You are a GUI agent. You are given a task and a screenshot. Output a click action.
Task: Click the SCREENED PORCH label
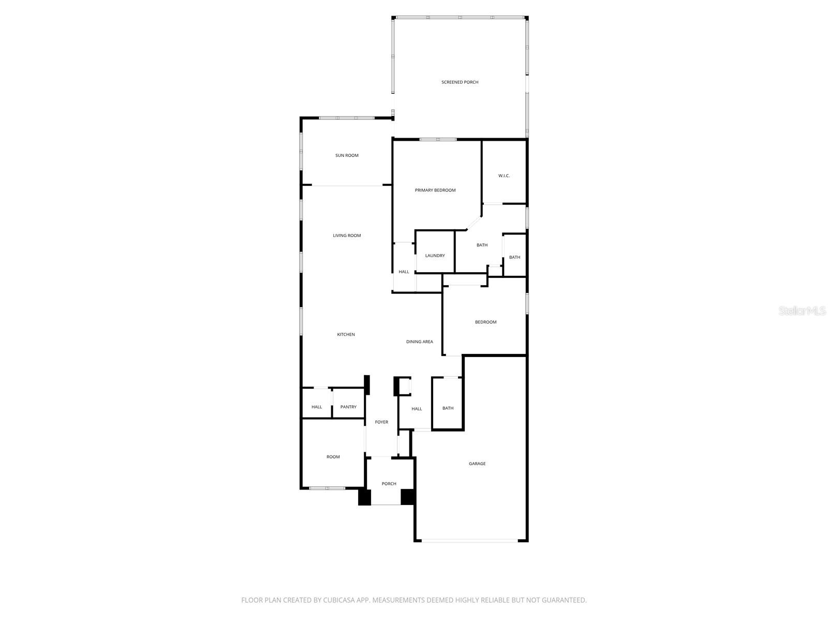460,82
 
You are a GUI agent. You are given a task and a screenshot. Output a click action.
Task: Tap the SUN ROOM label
347,155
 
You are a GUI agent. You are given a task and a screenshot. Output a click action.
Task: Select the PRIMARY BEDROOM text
435,190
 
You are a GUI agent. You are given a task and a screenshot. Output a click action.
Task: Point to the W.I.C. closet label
504,176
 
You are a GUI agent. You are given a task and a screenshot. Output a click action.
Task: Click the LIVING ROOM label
347,235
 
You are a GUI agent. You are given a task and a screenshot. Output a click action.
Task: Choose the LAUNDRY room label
435,256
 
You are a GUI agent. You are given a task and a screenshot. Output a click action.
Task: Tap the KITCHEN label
346,334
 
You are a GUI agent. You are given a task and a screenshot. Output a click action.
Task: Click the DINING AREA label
420,342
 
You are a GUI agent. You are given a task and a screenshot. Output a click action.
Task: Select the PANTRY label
348,407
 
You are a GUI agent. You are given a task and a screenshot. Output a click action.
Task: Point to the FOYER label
381,422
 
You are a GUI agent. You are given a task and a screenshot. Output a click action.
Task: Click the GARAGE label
477,464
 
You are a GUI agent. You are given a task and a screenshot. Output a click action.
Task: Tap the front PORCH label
389,484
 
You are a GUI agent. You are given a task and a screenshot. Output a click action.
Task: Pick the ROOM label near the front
333,457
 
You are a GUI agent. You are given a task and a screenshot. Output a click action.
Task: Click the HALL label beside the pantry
317,407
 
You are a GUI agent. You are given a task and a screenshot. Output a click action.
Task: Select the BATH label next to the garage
448,408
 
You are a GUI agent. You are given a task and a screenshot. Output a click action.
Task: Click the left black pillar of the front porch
365,497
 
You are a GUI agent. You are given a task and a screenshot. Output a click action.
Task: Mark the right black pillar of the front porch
408,497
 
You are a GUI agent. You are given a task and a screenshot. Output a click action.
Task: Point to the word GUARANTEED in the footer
563,600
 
